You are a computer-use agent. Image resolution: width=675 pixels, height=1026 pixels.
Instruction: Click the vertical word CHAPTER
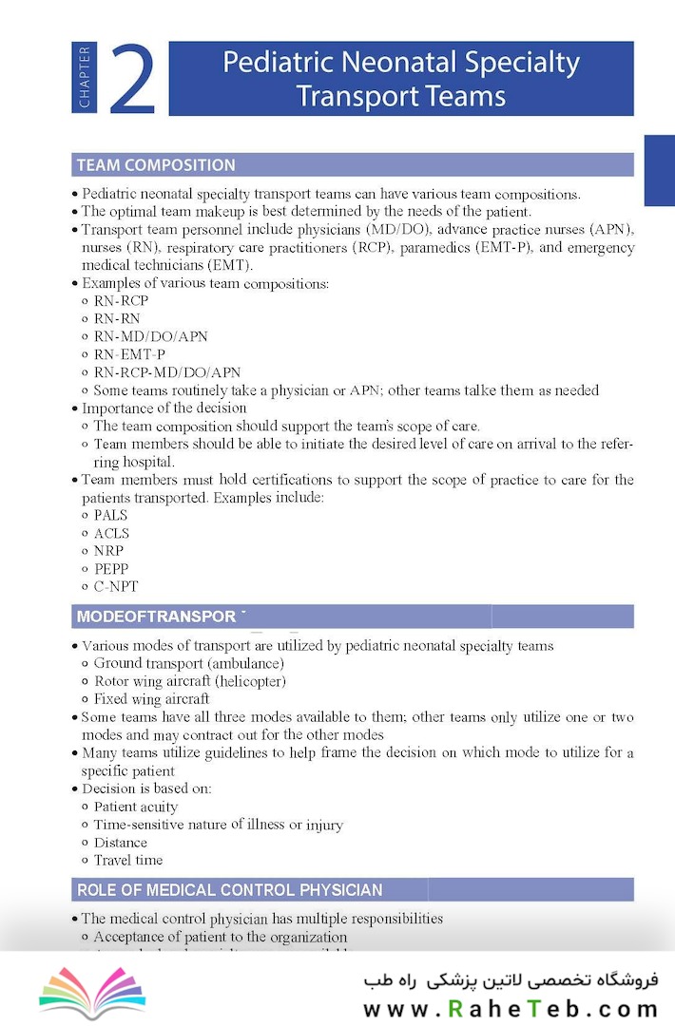[85, 78]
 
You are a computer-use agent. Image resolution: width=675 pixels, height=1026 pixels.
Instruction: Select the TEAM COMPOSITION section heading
[156, 165]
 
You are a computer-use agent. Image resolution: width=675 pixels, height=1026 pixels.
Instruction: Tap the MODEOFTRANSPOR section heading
[156, 617]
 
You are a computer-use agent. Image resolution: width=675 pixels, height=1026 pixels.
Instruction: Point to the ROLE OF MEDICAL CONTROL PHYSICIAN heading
[230, 890]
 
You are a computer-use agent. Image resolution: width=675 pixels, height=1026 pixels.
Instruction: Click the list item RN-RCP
[121, 301]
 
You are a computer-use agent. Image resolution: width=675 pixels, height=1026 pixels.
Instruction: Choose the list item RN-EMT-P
[129, 354]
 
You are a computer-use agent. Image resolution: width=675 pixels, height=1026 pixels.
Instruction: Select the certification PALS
[110, 516]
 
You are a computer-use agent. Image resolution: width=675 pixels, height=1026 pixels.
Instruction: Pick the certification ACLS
[111, 534]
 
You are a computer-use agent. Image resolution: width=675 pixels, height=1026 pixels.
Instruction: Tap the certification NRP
[108, 551]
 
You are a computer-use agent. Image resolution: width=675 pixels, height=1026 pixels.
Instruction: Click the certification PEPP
[111, 569]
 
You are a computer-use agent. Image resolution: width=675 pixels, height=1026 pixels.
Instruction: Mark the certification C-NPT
[116, 587]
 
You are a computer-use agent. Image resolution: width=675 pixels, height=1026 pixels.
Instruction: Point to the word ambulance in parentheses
[245, 663]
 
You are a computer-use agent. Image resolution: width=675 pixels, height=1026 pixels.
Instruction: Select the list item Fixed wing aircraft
[151, 699]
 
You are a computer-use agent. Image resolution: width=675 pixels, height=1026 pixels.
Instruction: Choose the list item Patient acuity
[136, 807]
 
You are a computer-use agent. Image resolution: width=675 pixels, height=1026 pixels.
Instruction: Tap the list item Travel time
[128, 861]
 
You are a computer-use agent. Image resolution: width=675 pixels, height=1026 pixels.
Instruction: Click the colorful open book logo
[92, 991]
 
